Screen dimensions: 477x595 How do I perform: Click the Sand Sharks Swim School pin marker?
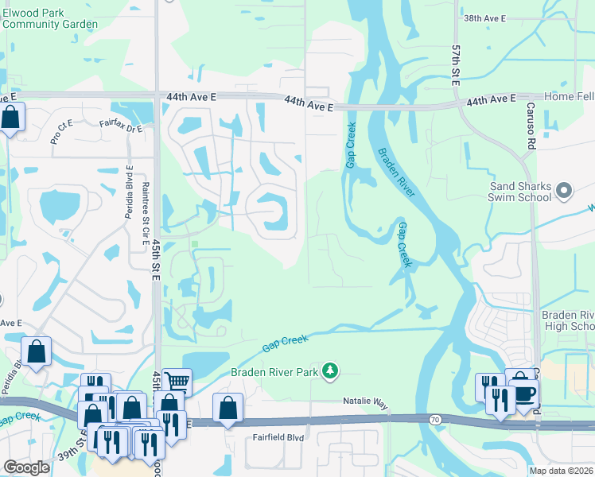click(564, 190)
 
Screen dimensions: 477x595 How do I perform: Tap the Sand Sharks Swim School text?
click(519, 192)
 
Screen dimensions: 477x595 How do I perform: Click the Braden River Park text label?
click(274, 372)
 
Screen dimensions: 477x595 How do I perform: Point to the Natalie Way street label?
click(365, 403)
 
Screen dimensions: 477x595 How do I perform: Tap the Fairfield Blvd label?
click(276, 436)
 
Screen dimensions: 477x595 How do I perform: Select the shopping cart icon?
click(177, 382)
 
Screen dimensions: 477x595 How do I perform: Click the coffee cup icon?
click(524, 394)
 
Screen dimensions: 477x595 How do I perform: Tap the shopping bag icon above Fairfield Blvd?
click(227, 408)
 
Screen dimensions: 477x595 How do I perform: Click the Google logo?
click(26, 467)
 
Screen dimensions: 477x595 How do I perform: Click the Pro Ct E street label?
click(61, 132)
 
